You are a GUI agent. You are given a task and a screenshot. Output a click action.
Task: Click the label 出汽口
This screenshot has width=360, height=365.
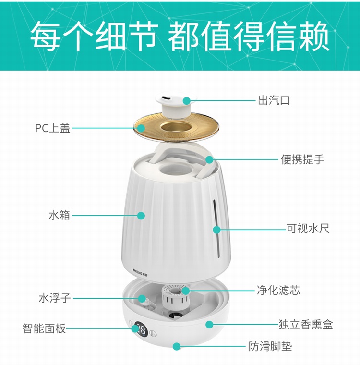click(274, 100)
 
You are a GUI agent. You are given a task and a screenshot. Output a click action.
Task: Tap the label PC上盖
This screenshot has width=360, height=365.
click(53, 128)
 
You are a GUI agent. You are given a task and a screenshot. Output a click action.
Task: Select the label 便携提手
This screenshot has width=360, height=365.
click(302, 159)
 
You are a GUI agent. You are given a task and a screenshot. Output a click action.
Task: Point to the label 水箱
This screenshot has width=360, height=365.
click(60, 215)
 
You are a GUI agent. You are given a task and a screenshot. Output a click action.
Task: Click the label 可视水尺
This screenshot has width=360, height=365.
click(308, 228)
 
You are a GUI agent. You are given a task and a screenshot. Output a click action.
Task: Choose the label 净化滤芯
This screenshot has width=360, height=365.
click(278, 290)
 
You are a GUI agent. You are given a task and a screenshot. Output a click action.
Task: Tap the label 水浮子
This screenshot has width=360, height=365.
click(55, 298)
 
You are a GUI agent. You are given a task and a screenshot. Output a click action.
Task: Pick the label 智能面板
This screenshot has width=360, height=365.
click(44, 328)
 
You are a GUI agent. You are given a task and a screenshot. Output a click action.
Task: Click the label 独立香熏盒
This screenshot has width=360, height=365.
click(306, 324)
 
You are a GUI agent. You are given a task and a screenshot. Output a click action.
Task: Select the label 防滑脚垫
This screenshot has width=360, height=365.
click(270, 346)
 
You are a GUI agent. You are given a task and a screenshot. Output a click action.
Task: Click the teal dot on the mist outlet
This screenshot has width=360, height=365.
click(187, 101)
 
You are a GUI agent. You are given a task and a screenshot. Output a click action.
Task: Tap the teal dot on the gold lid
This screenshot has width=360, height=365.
click(141, 128)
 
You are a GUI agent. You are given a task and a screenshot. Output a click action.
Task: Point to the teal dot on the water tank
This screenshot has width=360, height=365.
click(141, 216)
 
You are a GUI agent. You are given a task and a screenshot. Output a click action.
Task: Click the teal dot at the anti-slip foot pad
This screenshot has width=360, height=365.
click(177, 346)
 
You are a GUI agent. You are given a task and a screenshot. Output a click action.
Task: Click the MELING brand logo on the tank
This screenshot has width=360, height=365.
click(142, 271)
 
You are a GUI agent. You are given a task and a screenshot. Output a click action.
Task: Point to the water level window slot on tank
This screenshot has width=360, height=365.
click(216, 229)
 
